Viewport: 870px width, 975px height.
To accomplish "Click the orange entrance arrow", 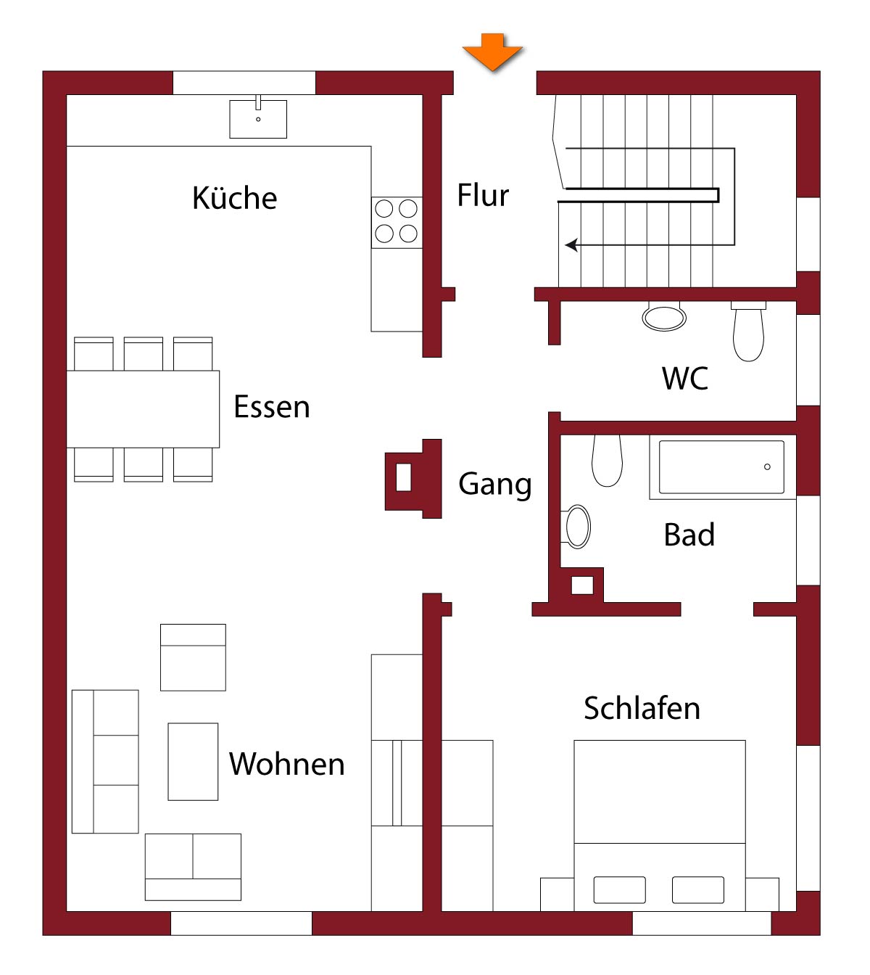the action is coord(492,52).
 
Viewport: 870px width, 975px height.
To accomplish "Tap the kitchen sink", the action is coord(258,119).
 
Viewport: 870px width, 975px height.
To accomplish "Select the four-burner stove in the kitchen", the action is coord(397,222).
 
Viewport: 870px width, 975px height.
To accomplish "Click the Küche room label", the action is coord(235,198).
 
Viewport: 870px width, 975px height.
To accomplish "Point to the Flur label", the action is coord(483,195).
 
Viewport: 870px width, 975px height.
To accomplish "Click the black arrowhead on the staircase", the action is coord(571,245).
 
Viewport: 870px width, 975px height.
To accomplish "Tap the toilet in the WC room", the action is coord(748,331).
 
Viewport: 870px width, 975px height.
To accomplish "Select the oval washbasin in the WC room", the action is coord(664,317).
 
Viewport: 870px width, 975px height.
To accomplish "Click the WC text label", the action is coord(685,378).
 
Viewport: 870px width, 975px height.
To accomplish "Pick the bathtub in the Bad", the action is coord(722,467).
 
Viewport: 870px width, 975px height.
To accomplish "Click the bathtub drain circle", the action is coord(767,466).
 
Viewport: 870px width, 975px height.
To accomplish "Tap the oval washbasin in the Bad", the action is coord(576,527).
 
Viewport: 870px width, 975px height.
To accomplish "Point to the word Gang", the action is coord(495,485).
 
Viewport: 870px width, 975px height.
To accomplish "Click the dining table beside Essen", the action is coord(143,409).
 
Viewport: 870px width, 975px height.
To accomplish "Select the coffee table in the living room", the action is coord(193,762).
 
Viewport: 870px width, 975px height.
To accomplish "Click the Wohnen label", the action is coord(287,764).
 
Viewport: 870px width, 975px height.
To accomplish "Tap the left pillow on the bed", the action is coord(619,890).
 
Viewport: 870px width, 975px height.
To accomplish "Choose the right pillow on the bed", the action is coord(698,890).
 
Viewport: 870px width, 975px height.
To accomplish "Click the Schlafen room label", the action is coord(642,708).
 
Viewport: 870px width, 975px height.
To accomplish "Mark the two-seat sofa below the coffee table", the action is coord(193,867).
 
